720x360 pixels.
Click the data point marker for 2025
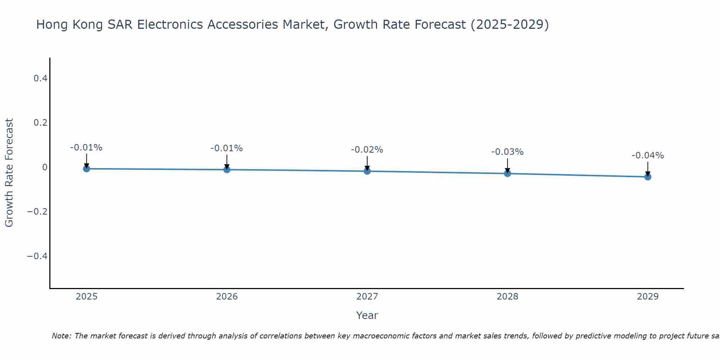coord(86,168)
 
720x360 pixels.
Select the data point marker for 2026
coord(227,170)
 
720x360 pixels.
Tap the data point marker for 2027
coord(367,171)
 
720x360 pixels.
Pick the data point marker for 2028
coord(507,174)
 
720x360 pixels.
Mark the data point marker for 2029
coord(648,177)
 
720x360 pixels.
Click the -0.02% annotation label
coord(367,150)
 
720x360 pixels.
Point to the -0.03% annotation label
coord(507,152)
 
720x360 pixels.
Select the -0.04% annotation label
coord(648,156)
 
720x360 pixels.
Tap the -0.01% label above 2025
coord(86,148)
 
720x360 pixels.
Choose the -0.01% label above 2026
coord(226,148)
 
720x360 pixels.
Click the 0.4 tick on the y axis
coord(40,78)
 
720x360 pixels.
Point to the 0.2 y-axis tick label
coord(40,123)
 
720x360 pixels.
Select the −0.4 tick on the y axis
coord(37,256)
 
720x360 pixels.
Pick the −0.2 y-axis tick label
coord(37,211)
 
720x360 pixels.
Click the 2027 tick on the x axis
coord(367,297)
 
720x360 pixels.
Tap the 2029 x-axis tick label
coord(648,297)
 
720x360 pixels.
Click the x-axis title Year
coord(367,315)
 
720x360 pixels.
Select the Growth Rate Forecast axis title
coord(9,173)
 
